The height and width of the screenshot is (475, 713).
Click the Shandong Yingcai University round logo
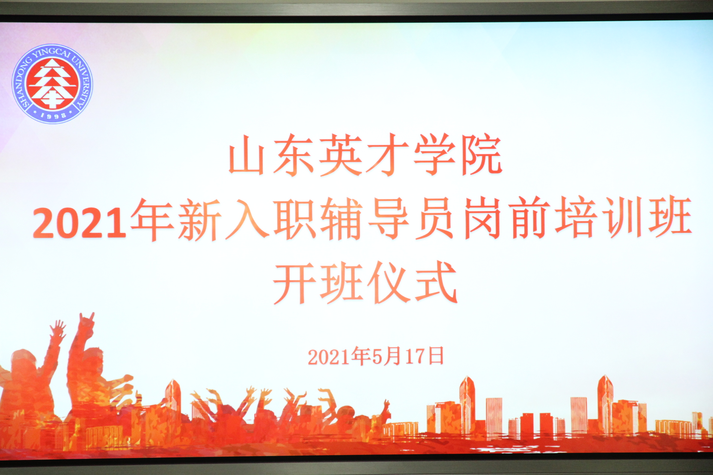(x=52, y=84)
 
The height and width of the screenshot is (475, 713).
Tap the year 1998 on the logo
(x=53, y=115)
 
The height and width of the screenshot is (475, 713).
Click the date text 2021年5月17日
(x=376, y=356)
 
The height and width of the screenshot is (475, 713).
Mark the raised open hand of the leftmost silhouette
(x=58, y=330)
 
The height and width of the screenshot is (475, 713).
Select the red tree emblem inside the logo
(x=53, y=84)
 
